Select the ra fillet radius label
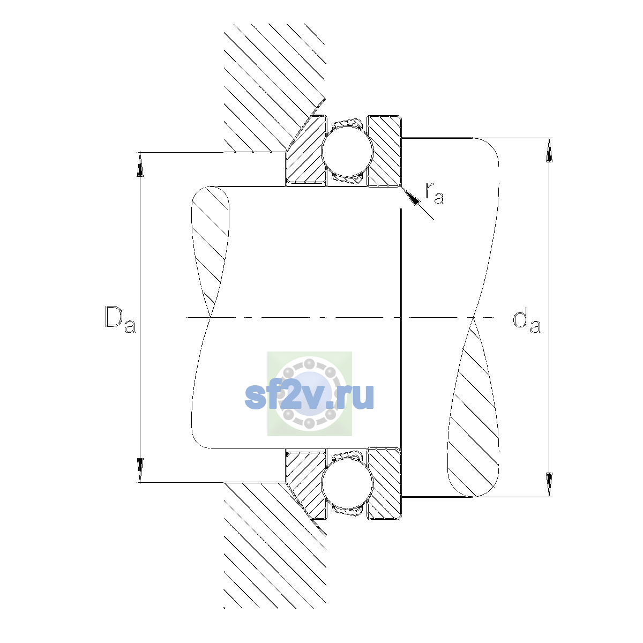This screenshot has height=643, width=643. tap(435, 194)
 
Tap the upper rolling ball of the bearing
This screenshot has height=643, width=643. tap(347, 151)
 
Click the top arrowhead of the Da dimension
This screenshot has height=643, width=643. tap(140, 164)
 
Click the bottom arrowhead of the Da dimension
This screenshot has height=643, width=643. tap(140, 470)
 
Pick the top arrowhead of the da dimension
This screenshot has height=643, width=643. tap(549, 150)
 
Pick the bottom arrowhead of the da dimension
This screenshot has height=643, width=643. tap(549, 485)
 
